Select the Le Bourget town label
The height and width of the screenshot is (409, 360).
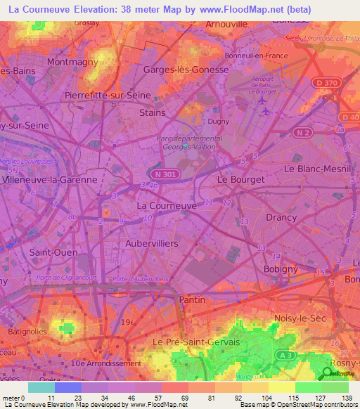pyautogui.click(x=241, y=180)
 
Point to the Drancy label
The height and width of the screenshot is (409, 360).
pyautogui.click(x=281, y=217)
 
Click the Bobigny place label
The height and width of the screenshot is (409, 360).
pyautogui.click(x=281, y=269)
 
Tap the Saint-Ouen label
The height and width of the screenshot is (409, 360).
pyautogui.click(x=49, y=251)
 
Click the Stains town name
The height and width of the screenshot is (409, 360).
pyautogui.click(x=153, y=112)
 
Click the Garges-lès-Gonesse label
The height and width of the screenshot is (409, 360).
pyautogui.click(x=186, y=70)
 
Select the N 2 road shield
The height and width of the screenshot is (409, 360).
pyautogui.click(x=303, y=133)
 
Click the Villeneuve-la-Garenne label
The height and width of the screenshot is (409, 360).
pyautogui.click(x=50, y=180)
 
